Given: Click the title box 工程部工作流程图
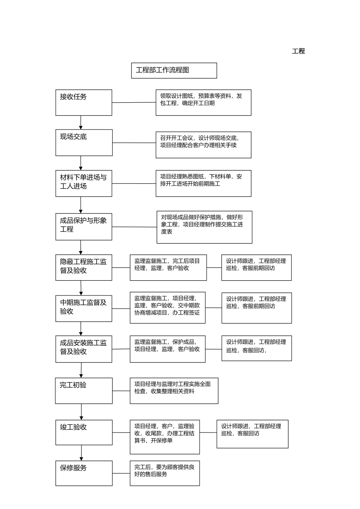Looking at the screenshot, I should (x=174, y=70).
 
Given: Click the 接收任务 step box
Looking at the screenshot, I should (x=84, y=103).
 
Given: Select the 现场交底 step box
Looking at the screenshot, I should (x=84, y=142).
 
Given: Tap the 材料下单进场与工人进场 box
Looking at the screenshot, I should (x=84, y=183).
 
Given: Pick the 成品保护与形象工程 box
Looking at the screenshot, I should (x=84, y=226).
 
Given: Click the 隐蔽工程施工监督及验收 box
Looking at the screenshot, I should (x=84, y=267).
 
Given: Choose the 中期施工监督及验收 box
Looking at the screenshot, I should (x=84, y=308).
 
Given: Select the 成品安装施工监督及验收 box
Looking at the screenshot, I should (x=84, y=349).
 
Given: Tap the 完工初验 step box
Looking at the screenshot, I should (x=84, y=390).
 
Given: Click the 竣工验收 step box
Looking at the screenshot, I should (x=84, y=432).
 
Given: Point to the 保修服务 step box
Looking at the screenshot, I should (x=84, y=473).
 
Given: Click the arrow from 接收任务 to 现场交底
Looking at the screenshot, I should (x=81, y=122).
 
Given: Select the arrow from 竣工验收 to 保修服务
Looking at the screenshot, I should (x=81, y=453).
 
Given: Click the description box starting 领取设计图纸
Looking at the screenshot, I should (x=203, y=103).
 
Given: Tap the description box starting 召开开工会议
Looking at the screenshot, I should (x=203, y=145).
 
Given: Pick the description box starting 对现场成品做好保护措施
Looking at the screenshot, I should (x=204, y=227).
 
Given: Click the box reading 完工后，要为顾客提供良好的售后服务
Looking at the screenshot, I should (x=164, y=473).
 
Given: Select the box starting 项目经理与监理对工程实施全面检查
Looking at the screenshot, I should (x=174, y=390).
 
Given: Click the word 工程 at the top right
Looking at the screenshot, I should (x=298, y=51).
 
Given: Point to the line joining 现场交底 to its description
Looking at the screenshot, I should (x=134, y=143).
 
